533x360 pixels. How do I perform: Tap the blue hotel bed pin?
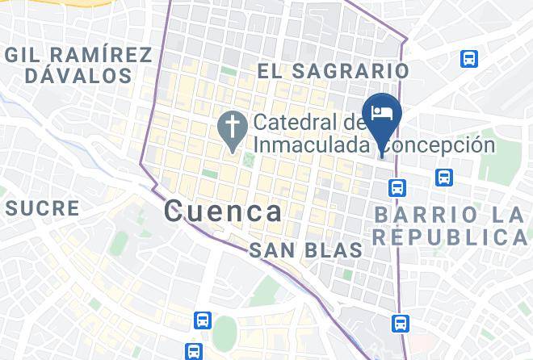380,113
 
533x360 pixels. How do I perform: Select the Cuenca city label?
224,211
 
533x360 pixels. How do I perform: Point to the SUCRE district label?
43,208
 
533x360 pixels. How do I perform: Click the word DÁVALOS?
78,77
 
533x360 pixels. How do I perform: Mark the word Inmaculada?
317,145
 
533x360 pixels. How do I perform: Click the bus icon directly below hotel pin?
397,188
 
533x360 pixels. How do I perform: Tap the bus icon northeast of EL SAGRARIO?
468,59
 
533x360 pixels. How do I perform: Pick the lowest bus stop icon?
193,351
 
